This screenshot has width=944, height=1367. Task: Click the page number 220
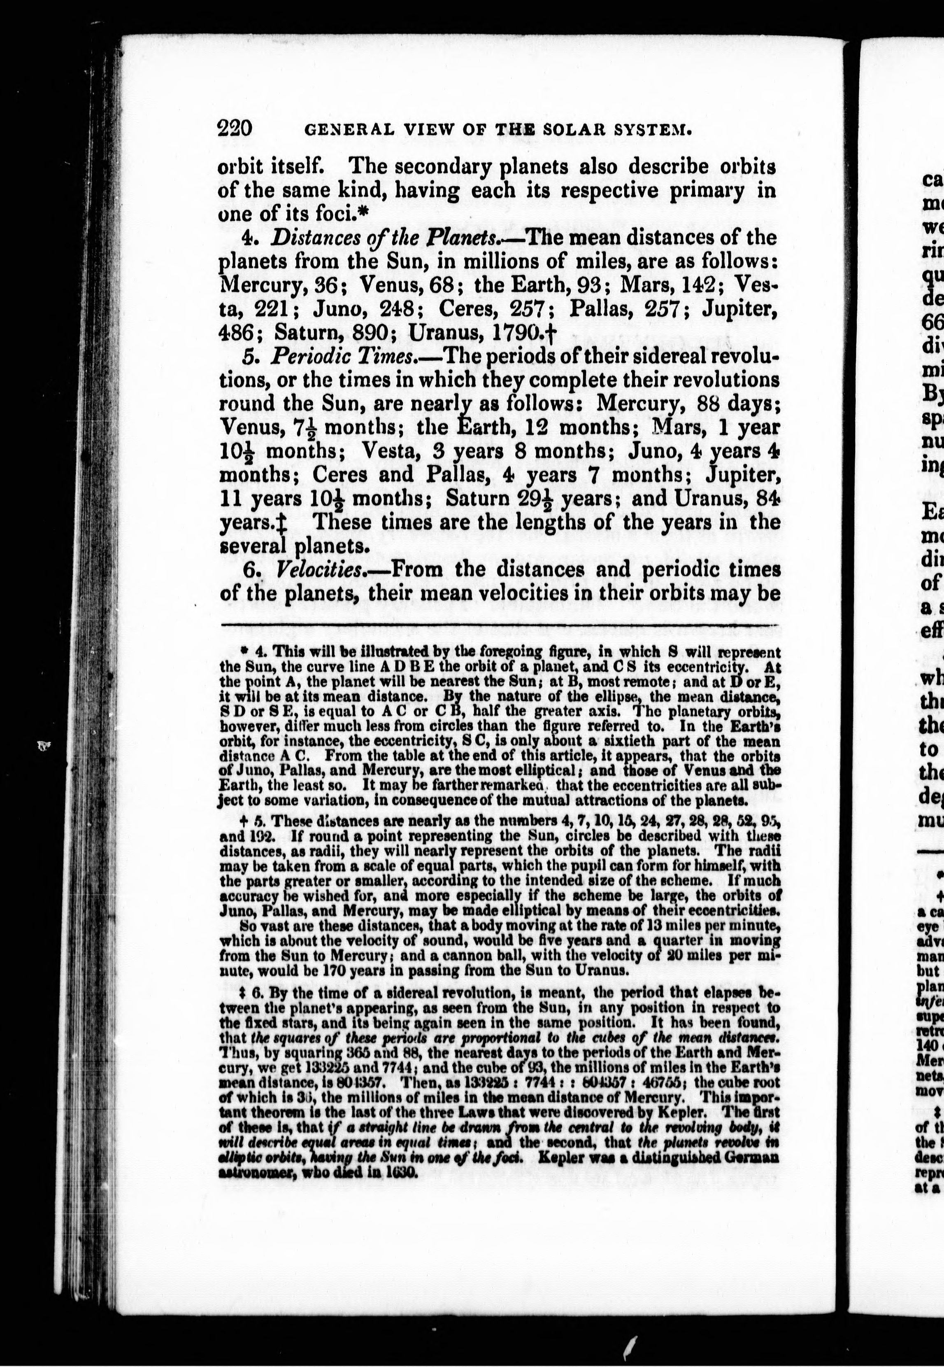[235, 128]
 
